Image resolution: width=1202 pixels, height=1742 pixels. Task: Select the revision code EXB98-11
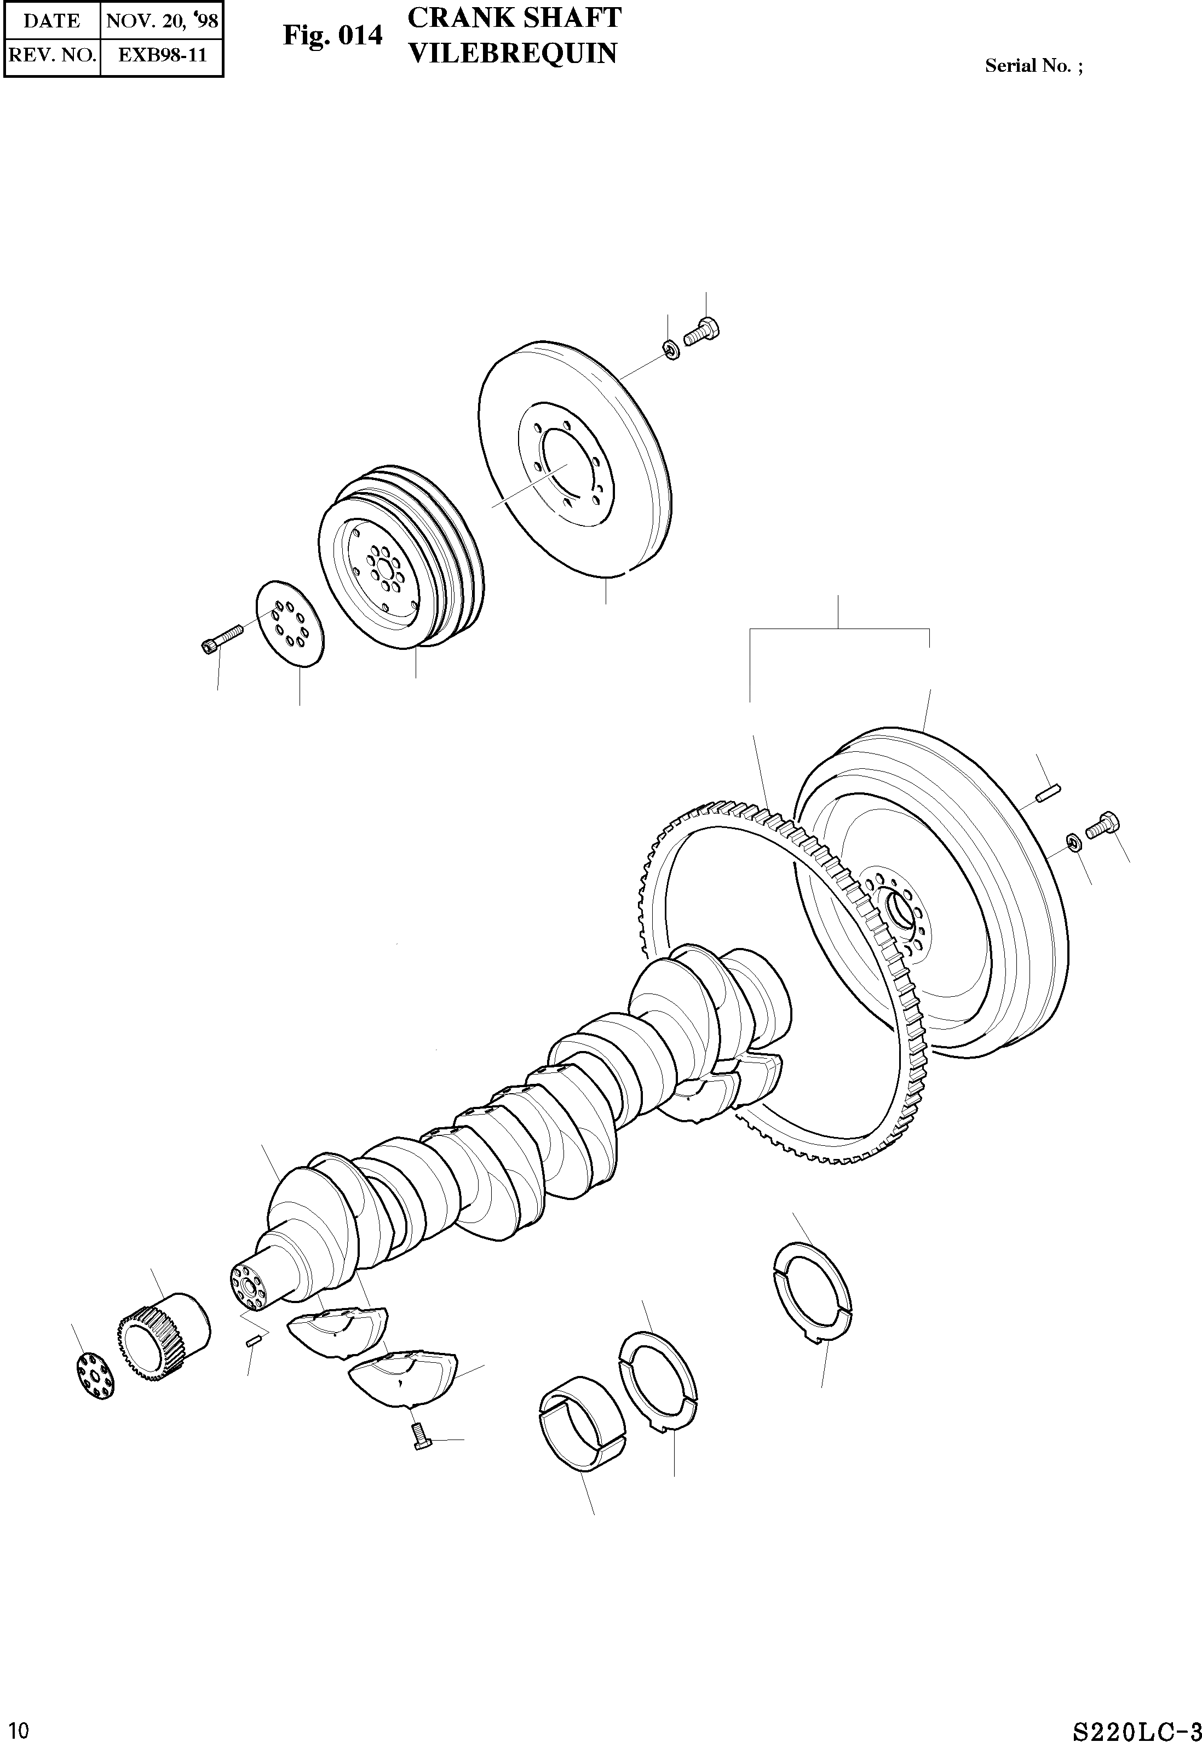click(x=162, y=55)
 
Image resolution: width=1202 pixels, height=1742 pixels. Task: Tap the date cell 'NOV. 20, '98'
click(x=162, y=20)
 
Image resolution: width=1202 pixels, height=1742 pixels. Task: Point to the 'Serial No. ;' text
click(x=1033, y=66)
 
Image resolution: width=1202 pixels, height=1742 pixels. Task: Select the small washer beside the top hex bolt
click(x=670, y=350)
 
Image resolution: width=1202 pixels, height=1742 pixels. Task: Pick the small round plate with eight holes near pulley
click(x=290, y=623)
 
